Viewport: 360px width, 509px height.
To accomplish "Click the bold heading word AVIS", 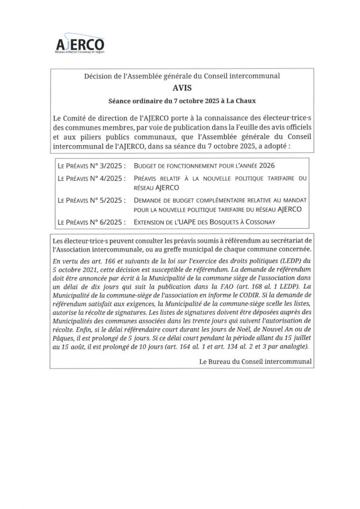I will [181, 88].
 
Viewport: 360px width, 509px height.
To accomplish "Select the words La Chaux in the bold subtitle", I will [242, 100].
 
